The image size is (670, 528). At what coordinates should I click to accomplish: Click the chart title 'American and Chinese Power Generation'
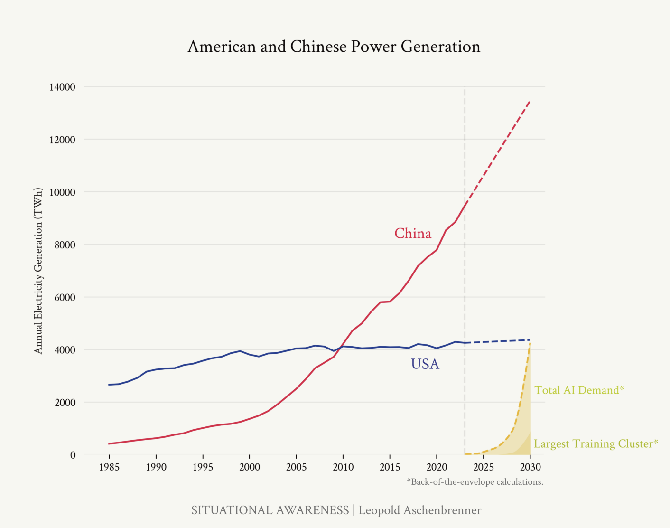pyautogui.click(x=334, y=47)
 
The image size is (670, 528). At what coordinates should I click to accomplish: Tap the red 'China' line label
pyautogui.click(x=413, y=234)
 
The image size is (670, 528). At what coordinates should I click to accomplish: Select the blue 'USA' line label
pyautogui.click(x=425, y=364)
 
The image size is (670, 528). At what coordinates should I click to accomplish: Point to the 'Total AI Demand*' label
pyautogui.click(x=579, y=390)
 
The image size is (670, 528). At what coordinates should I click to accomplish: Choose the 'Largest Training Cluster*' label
pyautogui.click(x=596, y=444)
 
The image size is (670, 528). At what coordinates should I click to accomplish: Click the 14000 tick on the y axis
pyautogui.click(x=62, y=87)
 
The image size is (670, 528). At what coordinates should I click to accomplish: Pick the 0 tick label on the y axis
pyautogui.click(x=73, y=455)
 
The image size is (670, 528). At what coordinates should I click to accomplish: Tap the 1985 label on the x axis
pyautogui.click(x=109, y=467)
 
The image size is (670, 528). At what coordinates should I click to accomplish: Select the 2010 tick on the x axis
pyautogui.click(x=343, y=467)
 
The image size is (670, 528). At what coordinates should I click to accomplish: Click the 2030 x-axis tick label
pyautogui.click(x=530, y=467)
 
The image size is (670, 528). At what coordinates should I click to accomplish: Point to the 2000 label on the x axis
pyautogui.click(x=250, y=467)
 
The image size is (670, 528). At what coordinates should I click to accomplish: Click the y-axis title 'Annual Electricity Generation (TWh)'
pyautogui.click(x=38, y=271)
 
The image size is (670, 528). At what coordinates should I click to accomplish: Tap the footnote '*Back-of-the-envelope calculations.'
pyautogui.click(x=475, y=482)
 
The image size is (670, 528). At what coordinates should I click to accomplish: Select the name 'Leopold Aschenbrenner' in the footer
pyautogui.click(x=419, y=510)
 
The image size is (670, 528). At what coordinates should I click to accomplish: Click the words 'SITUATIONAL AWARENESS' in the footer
pyautogui.click(x=270, y=510)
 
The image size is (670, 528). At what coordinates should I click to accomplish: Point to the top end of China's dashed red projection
pyautogui.click(x=530, y=101)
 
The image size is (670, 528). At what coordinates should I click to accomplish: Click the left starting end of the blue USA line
pyautogui.click(x=109, y=385)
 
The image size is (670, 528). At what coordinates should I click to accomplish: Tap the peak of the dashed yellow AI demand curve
pyautogui.click(x=530, y=343)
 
